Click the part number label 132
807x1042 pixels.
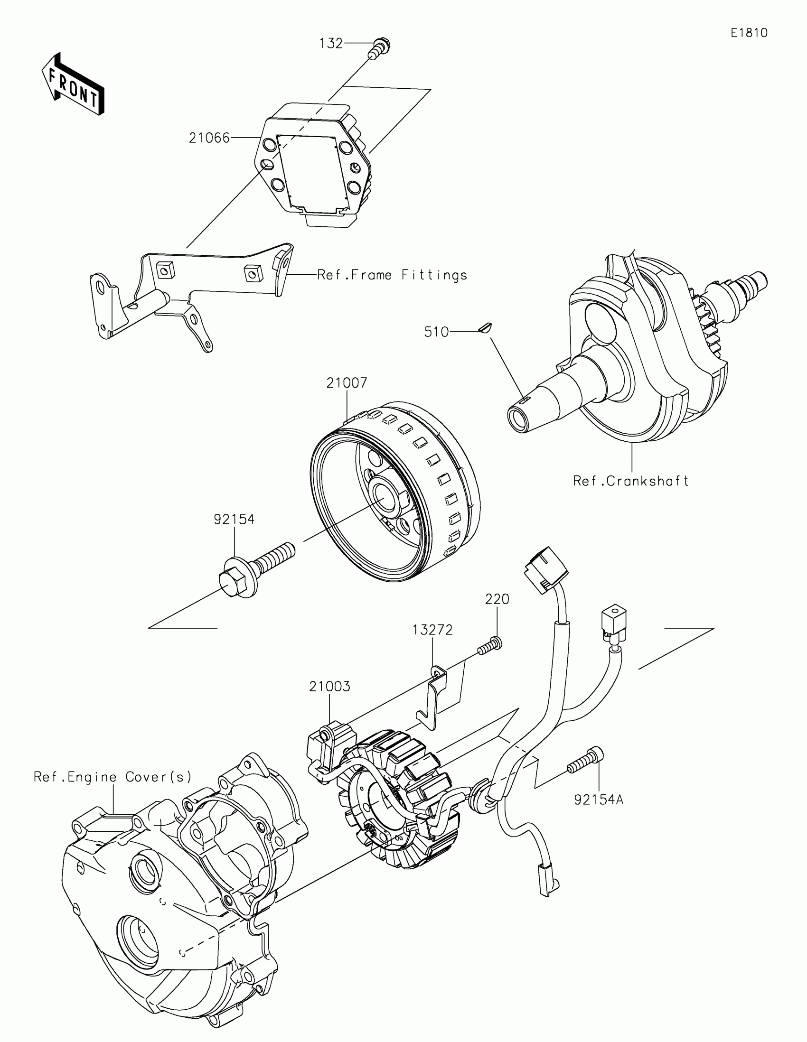point(331,44)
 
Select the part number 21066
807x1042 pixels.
point(209,138)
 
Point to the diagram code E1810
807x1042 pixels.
point(749,33)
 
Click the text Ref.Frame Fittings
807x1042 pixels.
point(392,275)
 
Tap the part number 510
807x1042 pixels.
point(436,332)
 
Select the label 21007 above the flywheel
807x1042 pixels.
point(347,382)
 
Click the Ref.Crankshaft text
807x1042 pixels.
point(630,481)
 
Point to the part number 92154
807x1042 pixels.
point(234,519)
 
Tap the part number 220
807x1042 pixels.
point(497,599)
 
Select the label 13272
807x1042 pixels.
point(432,630)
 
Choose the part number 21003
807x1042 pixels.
point(329,686)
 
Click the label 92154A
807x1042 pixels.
point(599,800)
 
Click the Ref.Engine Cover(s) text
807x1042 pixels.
point(113,777)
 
